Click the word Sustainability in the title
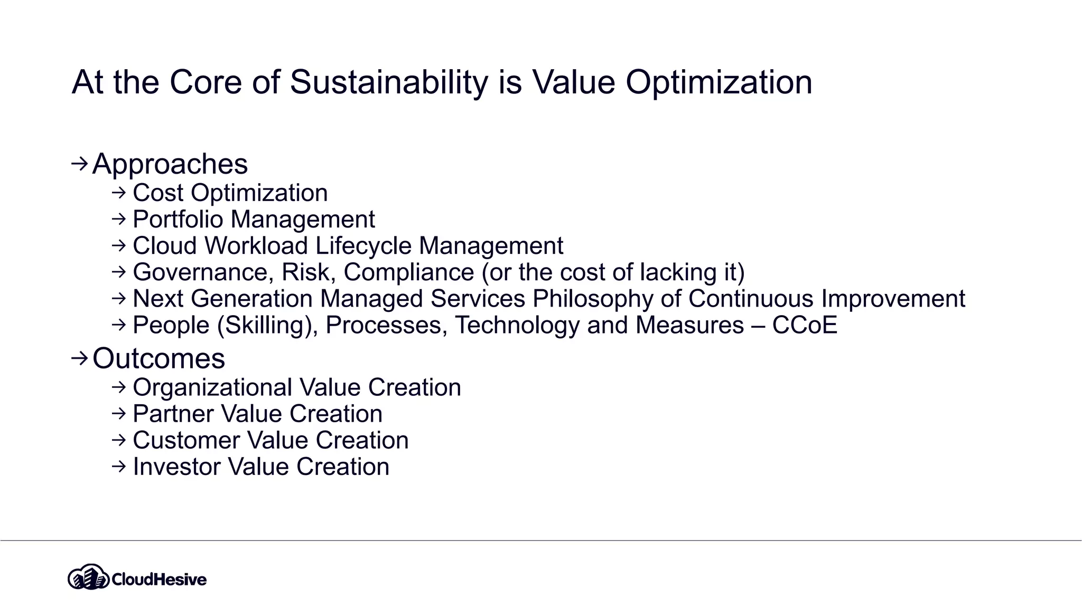point(388,82)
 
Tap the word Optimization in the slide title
point(719,82)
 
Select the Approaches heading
point(170,164)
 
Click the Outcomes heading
point(158,359)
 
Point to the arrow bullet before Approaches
point(79,164)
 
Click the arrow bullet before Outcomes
point(79,358)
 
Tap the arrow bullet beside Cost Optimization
point(119,193)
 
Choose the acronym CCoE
point(804,325)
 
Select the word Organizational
point(212,387)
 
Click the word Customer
point(185,440)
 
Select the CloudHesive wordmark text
point(159,579)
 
